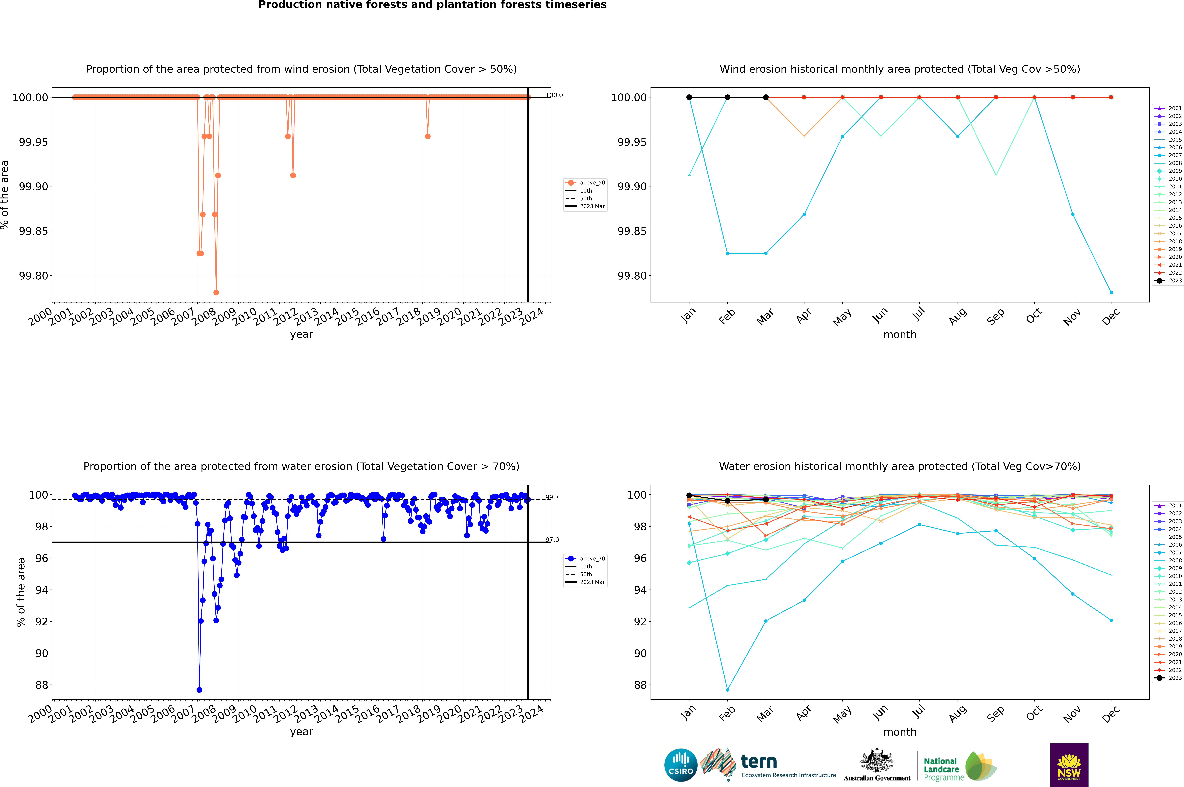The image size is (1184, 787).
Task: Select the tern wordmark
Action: [x=759, y=762]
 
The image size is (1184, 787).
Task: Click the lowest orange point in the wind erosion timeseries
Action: [x=216, y=293]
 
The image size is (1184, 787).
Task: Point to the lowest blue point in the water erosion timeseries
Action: [x=199, y=690]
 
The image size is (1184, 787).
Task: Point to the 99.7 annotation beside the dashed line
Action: [x=552, y=497]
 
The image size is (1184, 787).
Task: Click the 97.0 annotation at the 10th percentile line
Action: [x=552, y=540]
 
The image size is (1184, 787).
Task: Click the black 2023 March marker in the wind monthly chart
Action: [x=766, y=97]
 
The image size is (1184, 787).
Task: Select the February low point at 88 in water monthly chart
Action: [x=727, y=690]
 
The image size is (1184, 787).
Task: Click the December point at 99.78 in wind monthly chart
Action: [x=1111, y=293]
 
